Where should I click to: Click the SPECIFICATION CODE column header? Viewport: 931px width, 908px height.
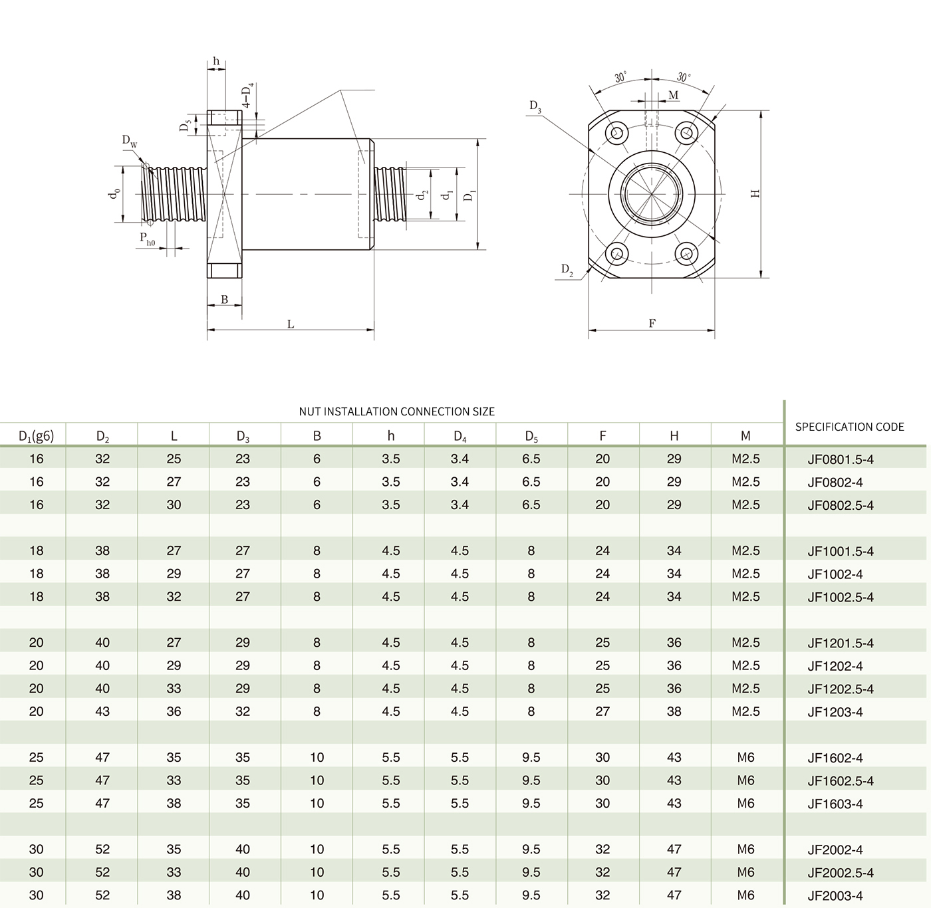(849, 427)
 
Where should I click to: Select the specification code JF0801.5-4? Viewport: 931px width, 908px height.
(840, 459)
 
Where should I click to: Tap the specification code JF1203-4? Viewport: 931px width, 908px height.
(835, 712)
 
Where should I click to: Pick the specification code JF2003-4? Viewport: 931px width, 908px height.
(835, 895)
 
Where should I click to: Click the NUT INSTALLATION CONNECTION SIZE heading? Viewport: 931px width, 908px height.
(396, 411)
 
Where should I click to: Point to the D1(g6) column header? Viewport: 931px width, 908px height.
(36, 436)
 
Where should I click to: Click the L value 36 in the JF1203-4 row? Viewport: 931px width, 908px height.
(174, 711)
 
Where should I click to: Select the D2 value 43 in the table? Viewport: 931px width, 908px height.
(102, 711)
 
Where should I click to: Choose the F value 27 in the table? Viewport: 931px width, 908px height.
(602, 711)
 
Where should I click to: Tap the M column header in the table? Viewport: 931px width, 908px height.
(745, 436)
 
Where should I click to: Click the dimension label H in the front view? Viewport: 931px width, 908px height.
(755, 193)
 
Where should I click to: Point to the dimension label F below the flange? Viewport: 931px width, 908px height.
(652, 324)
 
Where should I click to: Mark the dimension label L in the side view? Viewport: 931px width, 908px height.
(291, 324)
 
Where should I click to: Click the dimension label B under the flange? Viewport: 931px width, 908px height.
(225, 300)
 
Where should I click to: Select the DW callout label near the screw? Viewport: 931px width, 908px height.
(130, 141)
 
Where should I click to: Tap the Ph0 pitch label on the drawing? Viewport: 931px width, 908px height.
(147, 239)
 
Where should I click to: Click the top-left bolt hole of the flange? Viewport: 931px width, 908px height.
(618, 133)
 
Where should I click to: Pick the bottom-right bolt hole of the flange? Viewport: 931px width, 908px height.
(685, 253)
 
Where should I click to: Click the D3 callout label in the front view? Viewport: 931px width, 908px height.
(535, 106)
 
